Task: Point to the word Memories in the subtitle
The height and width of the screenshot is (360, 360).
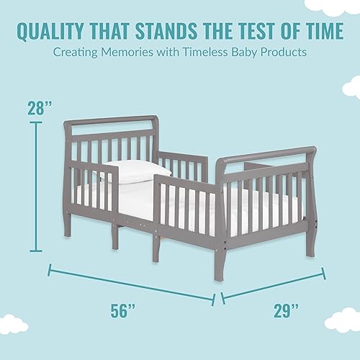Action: [x=127, y=52]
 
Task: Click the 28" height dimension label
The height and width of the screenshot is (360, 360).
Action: [x=40, y=108]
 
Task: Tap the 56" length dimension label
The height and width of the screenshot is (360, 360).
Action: [x=122, y=310]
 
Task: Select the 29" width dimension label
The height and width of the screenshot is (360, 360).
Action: [x=286, y=310]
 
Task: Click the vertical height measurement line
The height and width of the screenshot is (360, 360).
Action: [x=36, y=186]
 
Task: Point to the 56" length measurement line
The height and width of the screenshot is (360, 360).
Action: [x=132, y=285]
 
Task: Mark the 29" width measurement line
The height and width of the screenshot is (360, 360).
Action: [x=273, y=286]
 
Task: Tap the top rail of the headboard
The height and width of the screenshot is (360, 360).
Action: [x=112, y=120]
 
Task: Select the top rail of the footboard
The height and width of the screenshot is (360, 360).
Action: [x=266, y=154]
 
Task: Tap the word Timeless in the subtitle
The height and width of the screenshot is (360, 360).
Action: [x=204, y=52]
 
